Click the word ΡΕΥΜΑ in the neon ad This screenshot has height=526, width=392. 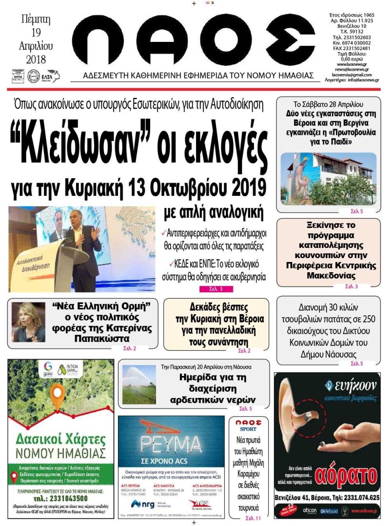tap(171, 444)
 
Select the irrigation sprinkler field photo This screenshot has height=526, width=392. tap(139, 384)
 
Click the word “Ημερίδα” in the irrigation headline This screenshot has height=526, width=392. tap(201, 377)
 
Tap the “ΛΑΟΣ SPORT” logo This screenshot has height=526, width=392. tap(248, 424)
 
